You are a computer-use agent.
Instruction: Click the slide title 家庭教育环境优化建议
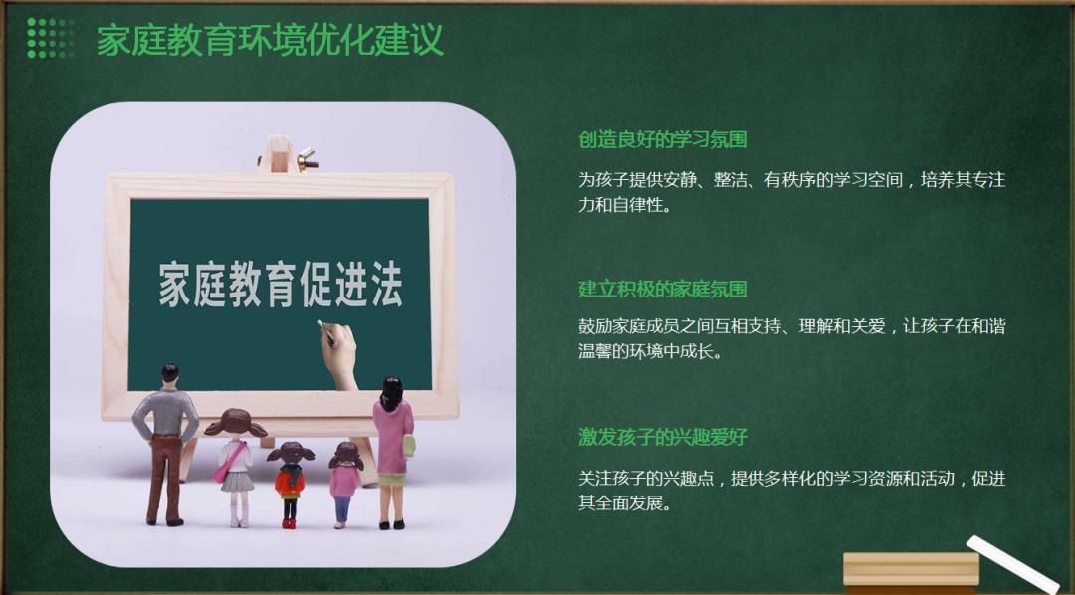pyautogui.click(x=270, y=40)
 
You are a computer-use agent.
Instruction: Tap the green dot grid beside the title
pyautogui.click(x=50, y=39)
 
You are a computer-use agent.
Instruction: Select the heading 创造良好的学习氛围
pyautogui.click(x=662, y=140)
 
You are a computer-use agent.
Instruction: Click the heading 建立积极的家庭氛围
pyautogui.click(x=662, y=289)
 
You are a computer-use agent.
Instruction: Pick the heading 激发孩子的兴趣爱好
pyautogui.click(x=662, y=437)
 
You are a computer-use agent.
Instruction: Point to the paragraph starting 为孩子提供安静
pyautogui.click(x=792, y=192)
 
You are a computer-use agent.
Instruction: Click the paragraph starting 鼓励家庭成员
pyautogui.click(x=792, y=338)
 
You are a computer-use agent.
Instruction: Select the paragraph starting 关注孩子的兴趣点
pyautogui.click(x=792, y=491)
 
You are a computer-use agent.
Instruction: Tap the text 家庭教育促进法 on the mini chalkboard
pyautogui.click(x=281, y=284)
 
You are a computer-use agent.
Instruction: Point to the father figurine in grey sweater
pyautogui.click(x=165, y=444)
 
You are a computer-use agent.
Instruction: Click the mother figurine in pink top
pyautogui.click(x=393, y=453)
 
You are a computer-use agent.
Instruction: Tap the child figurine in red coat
pyautogui.click(x=290, y=485)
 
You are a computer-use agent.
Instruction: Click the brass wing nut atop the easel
pyautogui.click(x=306, y=159)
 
